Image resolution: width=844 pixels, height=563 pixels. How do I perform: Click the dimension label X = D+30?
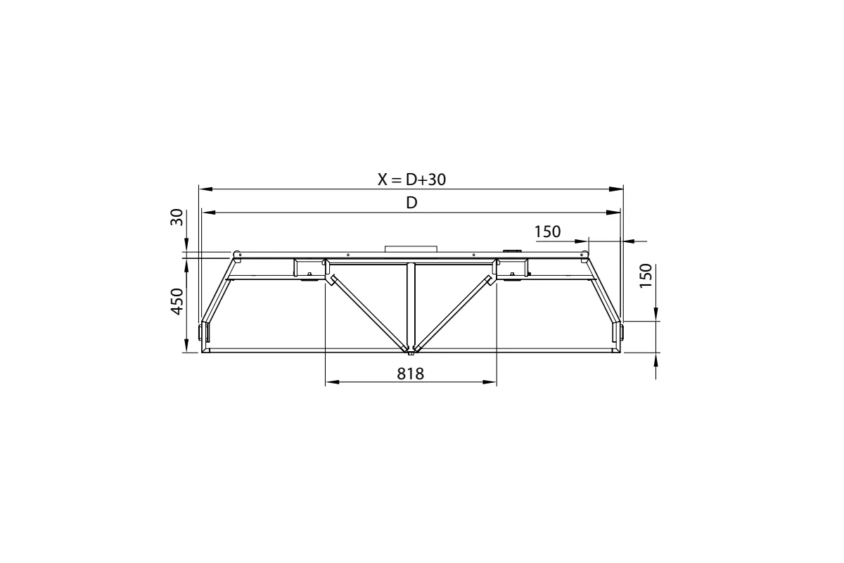click(411, 179)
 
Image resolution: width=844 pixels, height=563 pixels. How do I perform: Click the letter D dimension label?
click(412, 203)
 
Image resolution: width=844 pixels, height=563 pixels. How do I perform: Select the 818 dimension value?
click(410, 374)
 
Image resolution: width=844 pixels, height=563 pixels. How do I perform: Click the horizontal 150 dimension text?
click(547, 232)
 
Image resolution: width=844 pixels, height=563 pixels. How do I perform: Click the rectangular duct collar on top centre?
click(411, 248)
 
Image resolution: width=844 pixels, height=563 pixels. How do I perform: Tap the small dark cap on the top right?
click(511, 251)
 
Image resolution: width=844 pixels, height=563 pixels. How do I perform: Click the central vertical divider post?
click(411, 303)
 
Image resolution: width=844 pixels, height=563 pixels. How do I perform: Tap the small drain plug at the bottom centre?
click(411, 353)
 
